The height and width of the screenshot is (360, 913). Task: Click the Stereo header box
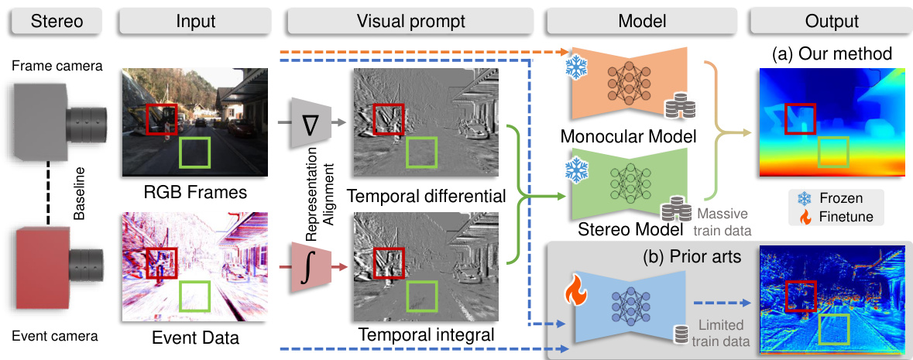click(57, 22)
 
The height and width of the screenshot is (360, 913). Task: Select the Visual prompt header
click(410, 22)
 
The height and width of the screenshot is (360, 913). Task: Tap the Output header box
click(831, 22)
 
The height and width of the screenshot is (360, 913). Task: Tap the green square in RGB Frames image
click(195, 153)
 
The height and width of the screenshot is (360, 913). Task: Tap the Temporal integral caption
click(426, 335)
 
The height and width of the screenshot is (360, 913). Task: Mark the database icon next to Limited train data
click(679, 334)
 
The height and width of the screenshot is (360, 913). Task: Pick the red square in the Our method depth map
click(800, 118)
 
